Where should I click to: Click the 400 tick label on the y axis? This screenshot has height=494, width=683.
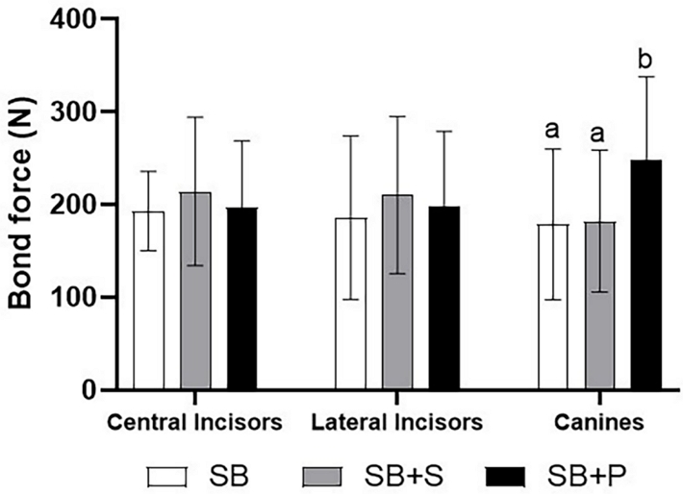click(75, 19)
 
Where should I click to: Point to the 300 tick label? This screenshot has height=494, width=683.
click(75, 112)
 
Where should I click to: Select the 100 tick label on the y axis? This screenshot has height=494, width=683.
click(75, 298)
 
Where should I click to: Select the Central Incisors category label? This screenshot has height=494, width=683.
click(194, 422)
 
